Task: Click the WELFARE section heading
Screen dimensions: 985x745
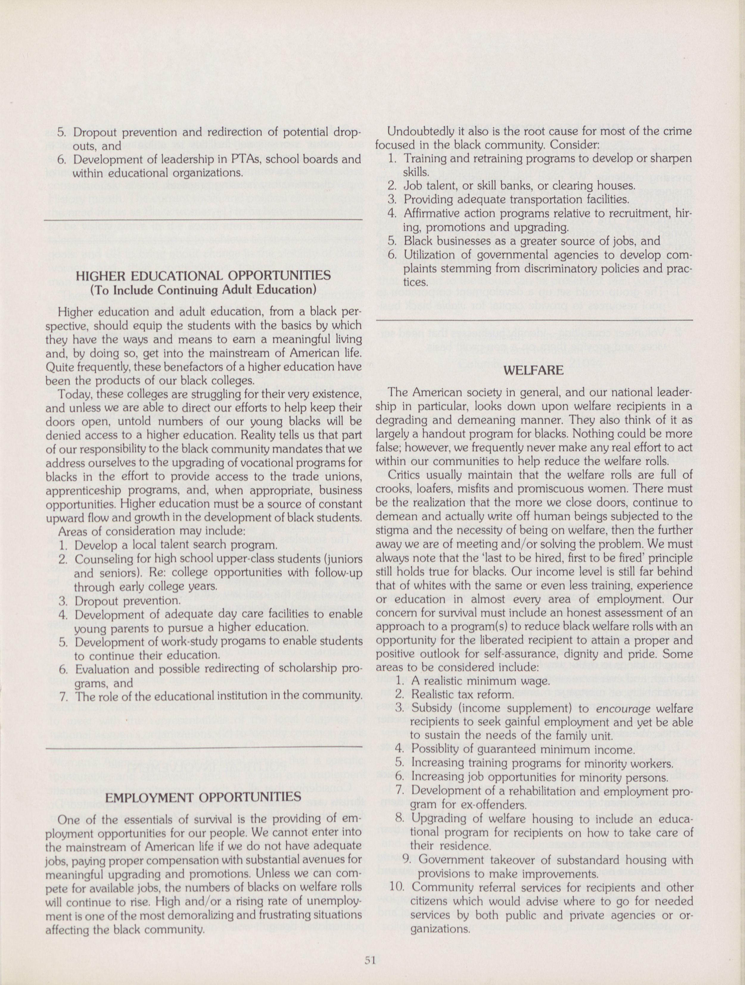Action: pyautogui.click(x=533, y=370)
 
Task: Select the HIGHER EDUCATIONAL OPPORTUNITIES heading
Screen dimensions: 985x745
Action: pyautogui.click(x=203, y=276)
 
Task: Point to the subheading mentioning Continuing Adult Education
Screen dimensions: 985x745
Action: pyautogui.click(x=203, y=290)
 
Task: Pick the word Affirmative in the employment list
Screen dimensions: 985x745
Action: pyautogui.click(x=431, y=214)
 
